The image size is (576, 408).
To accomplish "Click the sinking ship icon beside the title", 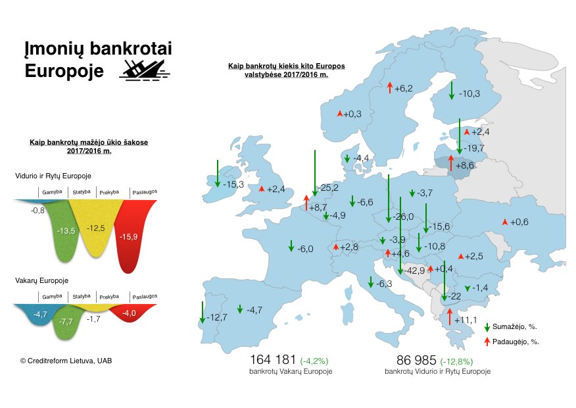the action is click(145, 70).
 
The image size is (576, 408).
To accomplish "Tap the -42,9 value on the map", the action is click(414, 271).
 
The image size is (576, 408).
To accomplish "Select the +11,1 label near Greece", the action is click(466, 320).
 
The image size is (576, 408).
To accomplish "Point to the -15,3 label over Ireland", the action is click(233, 184).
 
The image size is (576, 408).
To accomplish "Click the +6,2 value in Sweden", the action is click(404, 89).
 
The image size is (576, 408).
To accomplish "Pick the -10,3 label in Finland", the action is click(469, 93).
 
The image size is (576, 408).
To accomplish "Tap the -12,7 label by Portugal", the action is click(217, 317).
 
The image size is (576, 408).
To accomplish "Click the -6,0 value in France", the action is click(305, 249).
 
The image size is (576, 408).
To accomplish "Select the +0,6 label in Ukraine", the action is click(519, 222).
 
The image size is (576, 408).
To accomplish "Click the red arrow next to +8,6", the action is click(450, 163).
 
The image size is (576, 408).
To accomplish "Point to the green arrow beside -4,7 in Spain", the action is click(240, 309).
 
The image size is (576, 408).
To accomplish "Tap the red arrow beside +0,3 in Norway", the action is click(340, 114).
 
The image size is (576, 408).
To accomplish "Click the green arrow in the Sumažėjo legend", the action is click(487, 328).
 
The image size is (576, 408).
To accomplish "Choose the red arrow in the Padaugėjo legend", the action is click(487, 342).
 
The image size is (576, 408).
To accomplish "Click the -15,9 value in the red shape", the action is click(129, 237).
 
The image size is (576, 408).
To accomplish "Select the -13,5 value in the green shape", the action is click(66, 231).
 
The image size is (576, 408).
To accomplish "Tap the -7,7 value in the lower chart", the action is click(66, 322).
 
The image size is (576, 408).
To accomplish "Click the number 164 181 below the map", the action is click(273, 359).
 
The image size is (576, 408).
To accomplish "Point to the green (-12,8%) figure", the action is click(456, 362).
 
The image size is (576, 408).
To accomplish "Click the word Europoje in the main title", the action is click(64, 71).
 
